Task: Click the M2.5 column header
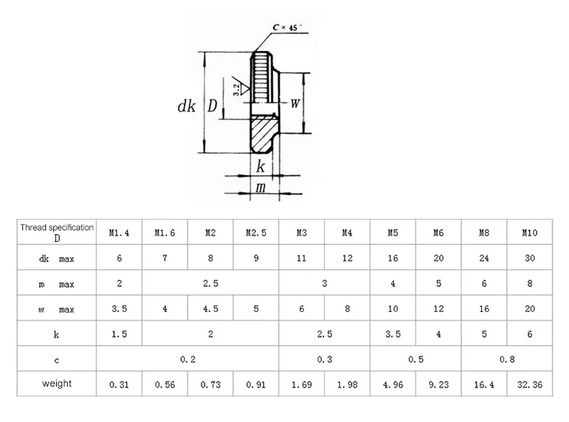coord(256,233)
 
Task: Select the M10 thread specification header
coord(529,233)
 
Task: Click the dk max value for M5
coord(393,258)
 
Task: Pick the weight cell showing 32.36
coord(529,385)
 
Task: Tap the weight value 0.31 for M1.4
coord(119,385)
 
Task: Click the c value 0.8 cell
coord(507,359)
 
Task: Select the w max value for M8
coord(484,309)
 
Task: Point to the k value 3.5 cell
coord(393,334)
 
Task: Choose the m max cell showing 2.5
coord(210,284)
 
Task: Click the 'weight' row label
coord(57,383)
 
